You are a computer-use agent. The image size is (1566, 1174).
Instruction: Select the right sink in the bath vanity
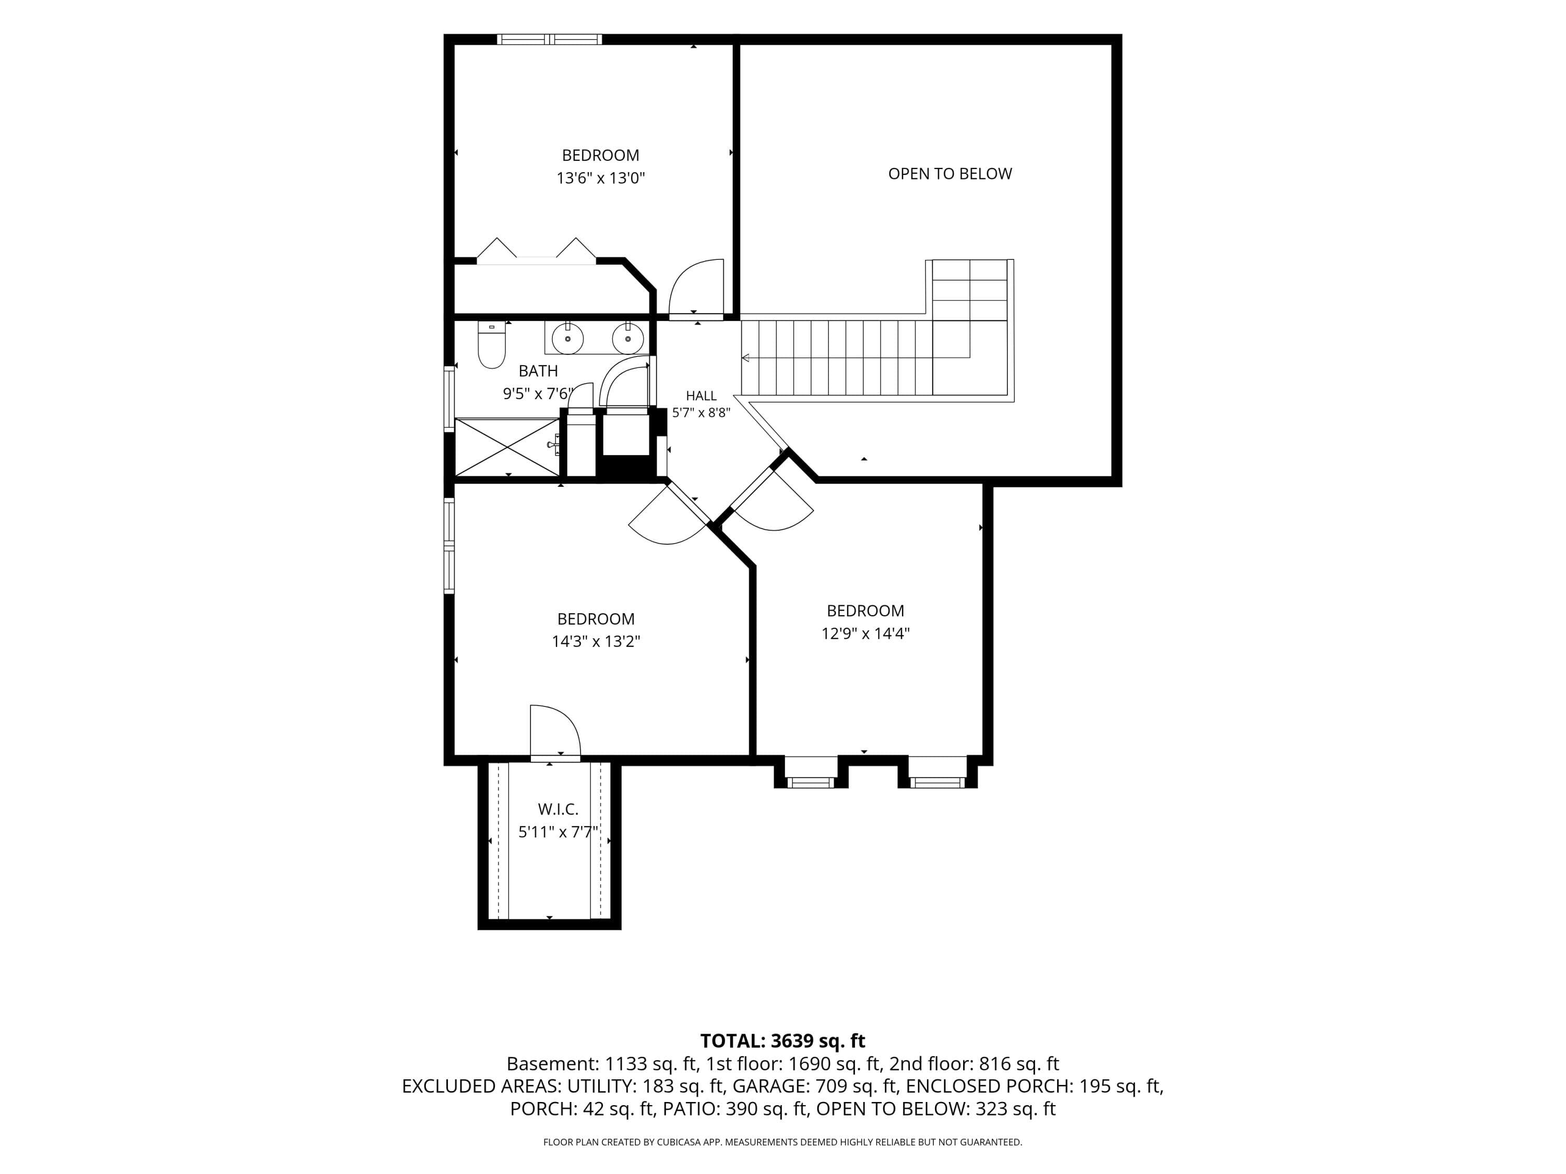coord(627,338)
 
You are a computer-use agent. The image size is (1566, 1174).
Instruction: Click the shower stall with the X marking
coord(507,447)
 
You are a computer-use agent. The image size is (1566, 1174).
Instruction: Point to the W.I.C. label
coord(558,809)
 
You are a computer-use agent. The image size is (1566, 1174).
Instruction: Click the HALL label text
coord(701,396)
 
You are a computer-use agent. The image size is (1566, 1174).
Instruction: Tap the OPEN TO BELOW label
coord(950,173)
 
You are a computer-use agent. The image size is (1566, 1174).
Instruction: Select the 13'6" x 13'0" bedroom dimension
coord(600,177)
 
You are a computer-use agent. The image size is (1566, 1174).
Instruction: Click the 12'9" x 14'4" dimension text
coord(865,633)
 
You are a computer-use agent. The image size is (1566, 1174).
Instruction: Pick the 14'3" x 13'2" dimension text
coord(596,642)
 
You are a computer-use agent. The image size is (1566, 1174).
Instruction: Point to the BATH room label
coord(538,371)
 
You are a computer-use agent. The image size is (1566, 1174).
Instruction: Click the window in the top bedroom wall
coord(549,39)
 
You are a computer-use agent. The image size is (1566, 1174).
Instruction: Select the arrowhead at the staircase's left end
coord(745,358)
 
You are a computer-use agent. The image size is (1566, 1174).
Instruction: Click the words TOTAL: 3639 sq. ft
coord(783,1041)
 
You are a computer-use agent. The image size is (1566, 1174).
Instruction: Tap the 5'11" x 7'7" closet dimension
coord(559,832)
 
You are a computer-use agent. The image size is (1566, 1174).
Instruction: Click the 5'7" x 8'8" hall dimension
coord(701,413)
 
